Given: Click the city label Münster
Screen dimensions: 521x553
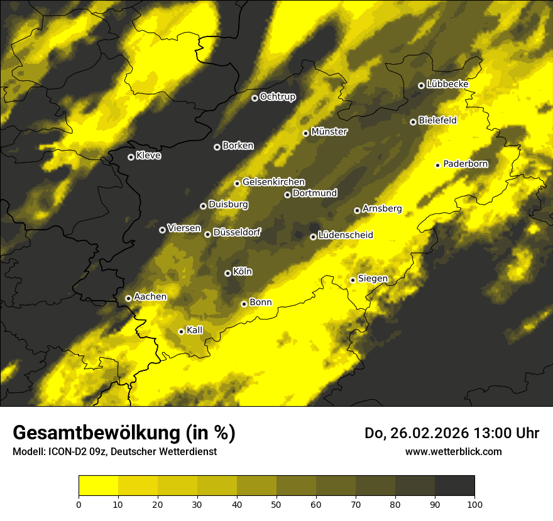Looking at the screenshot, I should click(x=329, y=132).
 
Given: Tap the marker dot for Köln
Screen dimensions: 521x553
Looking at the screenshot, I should click(x=227, y=273).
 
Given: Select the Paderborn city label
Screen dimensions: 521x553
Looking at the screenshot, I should click(x=465, y=164).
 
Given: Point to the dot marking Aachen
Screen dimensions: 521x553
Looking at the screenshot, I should click(x=128, y=298).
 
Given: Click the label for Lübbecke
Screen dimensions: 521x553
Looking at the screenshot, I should click(x=447, y=84).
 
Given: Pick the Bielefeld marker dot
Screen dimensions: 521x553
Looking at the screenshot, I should click(x=413, y=122).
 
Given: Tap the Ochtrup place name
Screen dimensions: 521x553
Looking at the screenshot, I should click(x=277, y=97).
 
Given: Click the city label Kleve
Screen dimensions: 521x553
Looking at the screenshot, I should click(x=148, y=156).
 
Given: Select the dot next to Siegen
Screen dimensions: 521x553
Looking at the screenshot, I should click(x=353, y=280).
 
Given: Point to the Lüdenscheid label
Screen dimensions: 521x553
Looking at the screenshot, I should click(x=346, y=235).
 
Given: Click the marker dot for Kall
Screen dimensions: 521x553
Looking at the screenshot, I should click(x=181, y=331).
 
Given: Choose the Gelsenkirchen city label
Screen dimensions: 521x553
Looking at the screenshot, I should click(x=273, y=182).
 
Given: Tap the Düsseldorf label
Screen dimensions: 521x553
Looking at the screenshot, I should click(x=237, y=232).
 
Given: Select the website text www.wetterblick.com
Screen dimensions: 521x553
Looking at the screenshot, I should click(x=453, y=451).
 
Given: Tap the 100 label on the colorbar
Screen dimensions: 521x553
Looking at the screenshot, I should click(x=474, y=503).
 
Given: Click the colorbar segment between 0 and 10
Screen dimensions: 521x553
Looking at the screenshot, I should click(x=98, y=485).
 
